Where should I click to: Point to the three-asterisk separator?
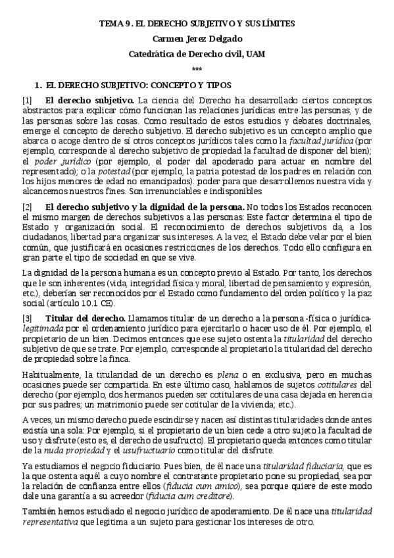tap(197, 70)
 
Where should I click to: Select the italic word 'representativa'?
tap(55, 524)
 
